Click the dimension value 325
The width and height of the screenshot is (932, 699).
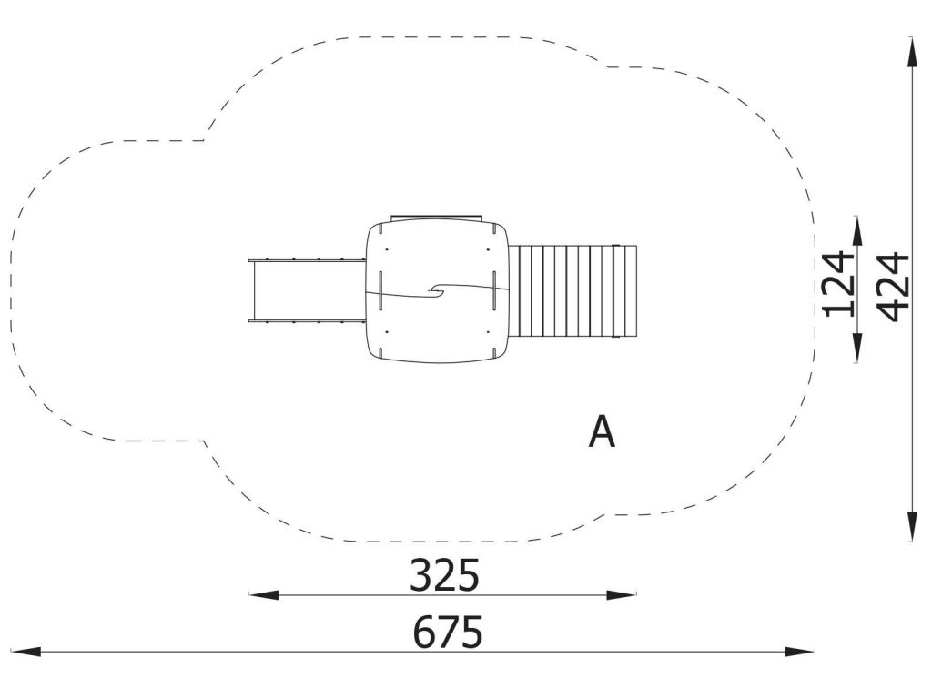[444, 575]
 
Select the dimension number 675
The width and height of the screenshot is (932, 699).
[448, 632]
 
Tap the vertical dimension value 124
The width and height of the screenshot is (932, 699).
[837, 284]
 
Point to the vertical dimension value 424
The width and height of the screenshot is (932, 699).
[894, 288]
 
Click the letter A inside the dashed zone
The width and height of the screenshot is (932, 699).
[602, 432]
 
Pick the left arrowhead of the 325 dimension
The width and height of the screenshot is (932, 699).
[263, 594]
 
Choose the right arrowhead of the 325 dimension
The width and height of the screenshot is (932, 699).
[621, 594]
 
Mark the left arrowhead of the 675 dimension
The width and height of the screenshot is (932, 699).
[25, 652]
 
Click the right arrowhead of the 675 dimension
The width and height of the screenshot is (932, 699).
[800, 652]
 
